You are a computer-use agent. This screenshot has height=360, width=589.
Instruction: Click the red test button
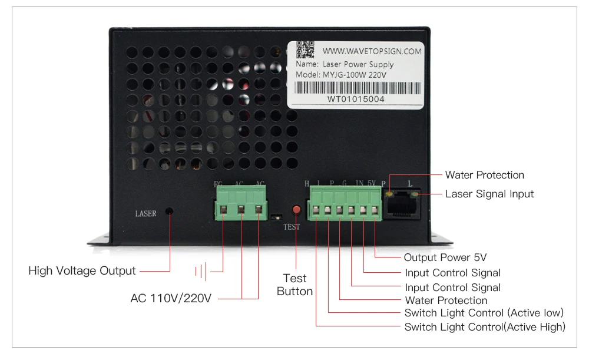pyautogui.click(x=296, y=210)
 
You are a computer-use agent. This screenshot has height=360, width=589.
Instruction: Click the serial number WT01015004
pyautogui.click(x=356, y=99)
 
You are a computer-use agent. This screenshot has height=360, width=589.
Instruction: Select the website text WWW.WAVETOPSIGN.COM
pyautogui.click(x=372, y=51)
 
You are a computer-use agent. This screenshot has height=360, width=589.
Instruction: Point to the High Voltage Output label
pyautogui.click(x=82, y=271)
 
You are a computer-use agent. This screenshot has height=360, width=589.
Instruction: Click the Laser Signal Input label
pyautogui.click(x=489, y=194)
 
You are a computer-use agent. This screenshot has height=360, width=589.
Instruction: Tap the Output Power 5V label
pyautogui.click(x=445, y=257)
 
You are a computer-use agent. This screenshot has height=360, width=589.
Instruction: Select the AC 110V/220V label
pyautogui.click(x=171, y=298)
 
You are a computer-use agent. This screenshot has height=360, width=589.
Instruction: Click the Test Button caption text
pyautogui.click(x=295, y=285)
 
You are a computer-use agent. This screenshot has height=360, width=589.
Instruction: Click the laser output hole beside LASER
pyautogui.click(x=170, y=211)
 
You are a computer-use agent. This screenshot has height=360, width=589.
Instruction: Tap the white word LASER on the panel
pyautogui.click(x=146, y=213)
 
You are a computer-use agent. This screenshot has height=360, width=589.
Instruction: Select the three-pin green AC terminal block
pyautogui.click(x=241, y=204)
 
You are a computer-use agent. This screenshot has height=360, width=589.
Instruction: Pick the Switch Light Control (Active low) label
pyautogui.click(x=484, y=312)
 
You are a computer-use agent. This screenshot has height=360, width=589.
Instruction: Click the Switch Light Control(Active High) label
pyautogui.click(x=485, y=327)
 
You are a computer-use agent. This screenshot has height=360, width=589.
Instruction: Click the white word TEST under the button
pyautogui.click(x=292, y=227)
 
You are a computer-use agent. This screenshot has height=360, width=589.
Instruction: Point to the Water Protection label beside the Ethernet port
pyautogui.click(x=484, y=175)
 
